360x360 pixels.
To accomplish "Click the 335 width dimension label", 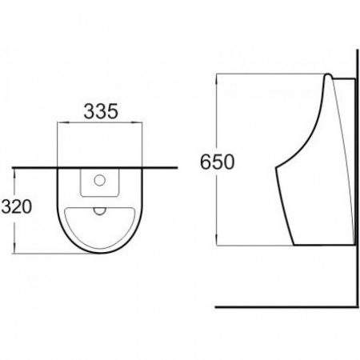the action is [101, 111].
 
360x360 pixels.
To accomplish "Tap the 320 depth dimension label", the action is [17, 206].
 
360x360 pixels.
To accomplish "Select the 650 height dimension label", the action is [217, 162].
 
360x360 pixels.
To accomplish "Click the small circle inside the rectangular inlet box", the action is [99, 180].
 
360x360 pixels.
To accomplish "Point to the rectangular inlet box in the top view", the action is [99, 183].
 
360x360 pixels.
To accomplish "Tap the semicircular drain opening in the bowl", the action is [99, 211].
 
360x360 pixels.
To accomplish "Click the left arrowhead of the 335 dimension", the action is [63, 122].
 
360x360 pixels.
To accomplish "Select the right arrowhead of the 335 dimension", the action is [137, 122].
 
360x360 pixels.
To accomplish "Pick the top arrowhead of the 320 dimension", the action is [14, 174].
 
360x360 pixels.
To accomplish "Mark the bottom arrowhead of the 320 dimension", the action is [14, 248].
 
